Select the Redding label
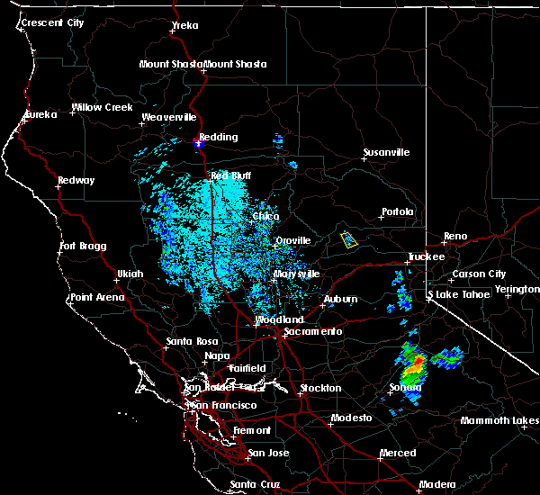219,138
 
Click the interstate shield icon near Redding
201,141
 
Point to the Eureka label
40,114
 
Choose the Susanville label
386,152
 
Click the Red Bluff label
229,176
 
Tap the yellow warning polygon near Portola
349,239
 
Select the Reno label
455,237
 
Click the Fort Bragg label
83,247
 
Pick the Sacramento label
313,332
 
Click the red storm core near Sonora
417,364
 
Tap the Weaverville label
168,118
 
